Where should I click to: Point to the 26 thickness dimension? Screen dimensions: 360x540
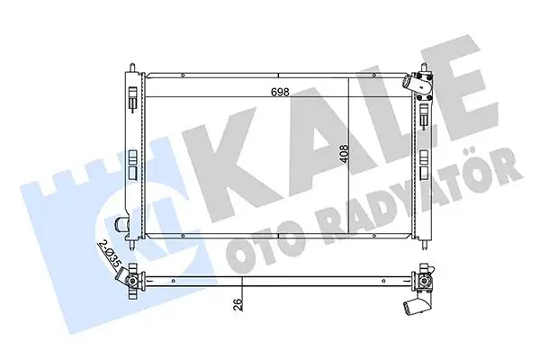238,304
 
